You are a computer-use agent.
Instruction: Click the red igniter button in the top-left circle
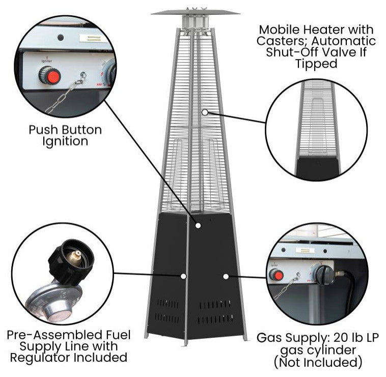coord(50,77)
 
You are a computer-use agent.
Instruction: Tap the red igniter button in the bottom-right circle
coord(276,276)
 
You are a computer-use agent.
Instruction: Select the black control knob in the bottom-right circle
coord(323,275)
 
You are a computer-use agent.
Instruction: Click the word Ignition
coord(65,141)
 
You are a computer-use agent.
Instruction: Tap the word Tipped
coord(316,64)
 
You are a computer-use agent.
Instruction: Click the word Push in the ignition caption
coord(42,130)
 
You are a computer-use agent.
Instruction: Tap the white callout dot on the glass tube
coord(204,112)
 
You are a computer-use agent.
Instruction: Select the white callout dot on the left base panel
coord(182,276)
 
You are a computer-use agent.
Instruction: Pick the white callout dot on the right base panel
coord(226,276)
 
